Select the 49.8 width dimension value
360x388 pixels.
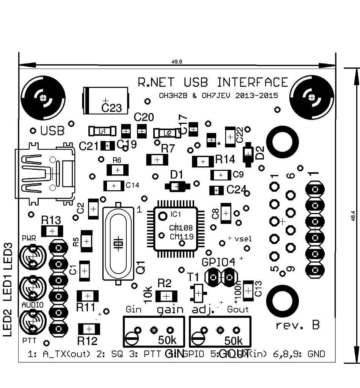pos(177,61)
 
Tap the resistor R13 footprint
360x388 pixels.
pos(52,231)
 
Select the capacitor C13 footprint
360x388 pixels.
pos(248,291)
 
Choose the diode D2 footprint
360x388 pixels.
pos(248,152)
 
